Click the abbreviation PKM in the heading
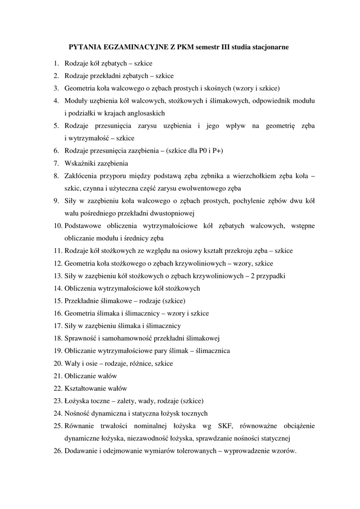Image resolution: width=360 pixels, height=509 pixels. tap(172, 47)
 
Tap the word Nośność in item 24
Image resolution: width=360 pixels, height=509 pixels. tap(77, 414)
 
